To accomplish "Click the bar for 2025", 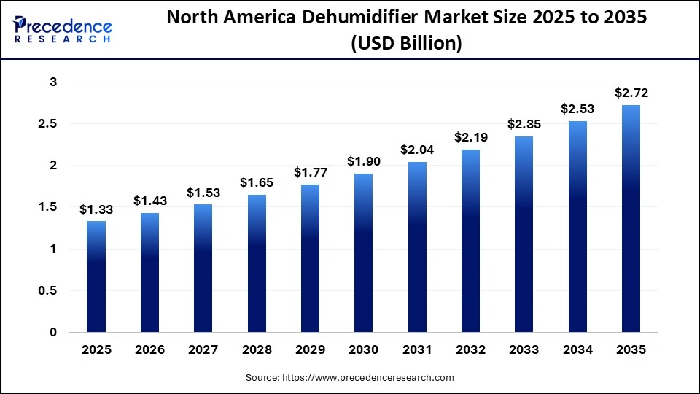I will tap(96, 277).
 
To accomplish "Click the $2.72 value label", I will tap(631, 93).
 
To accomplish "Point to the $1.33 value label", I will tap(96, 209).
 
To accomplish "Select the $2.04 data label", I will tap(418, 150).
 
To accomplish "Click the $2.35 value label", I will tap(524, 124).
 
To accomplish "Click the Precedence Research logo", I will tap(63, 29).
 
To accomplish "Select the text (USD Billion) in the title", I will tap(406, 44).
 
